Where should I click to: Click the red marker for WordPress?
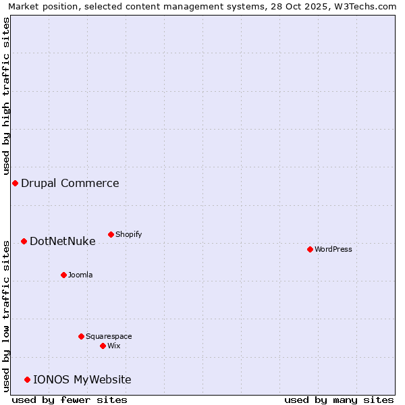coord(310,249)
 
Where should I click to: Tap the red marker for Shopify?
coord(111,234)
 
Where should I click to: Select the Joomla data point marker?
coord(63,275)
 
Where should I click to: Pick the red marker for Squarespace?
coord(81,336)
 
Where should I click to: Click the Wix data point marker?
coord(103,346)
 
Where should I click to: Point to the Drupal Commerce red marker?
coord(15,183)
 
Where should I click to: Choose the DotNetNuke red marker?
coord(24,241)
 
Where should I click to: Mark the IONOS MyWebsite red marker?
coord(27,379)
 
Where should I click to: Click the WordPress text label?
coord(333,249)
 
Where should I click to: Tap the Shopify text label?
coord(129,234)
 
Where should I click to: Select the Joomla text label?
coord(80,275)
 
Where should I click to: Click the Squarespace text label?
coord(109,336)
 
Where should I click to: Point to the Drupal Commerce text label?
coord(70,183)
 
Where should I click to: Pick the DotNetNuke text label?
coord(63,241)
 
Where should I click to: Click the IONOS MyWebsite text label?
coord(82,379)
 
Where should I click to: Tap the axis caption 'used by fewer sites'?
coord(70,400)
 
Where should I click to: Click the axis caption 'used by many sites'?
coord(339,400)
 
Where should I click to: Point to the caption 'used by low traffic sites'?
coord(6,315)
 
